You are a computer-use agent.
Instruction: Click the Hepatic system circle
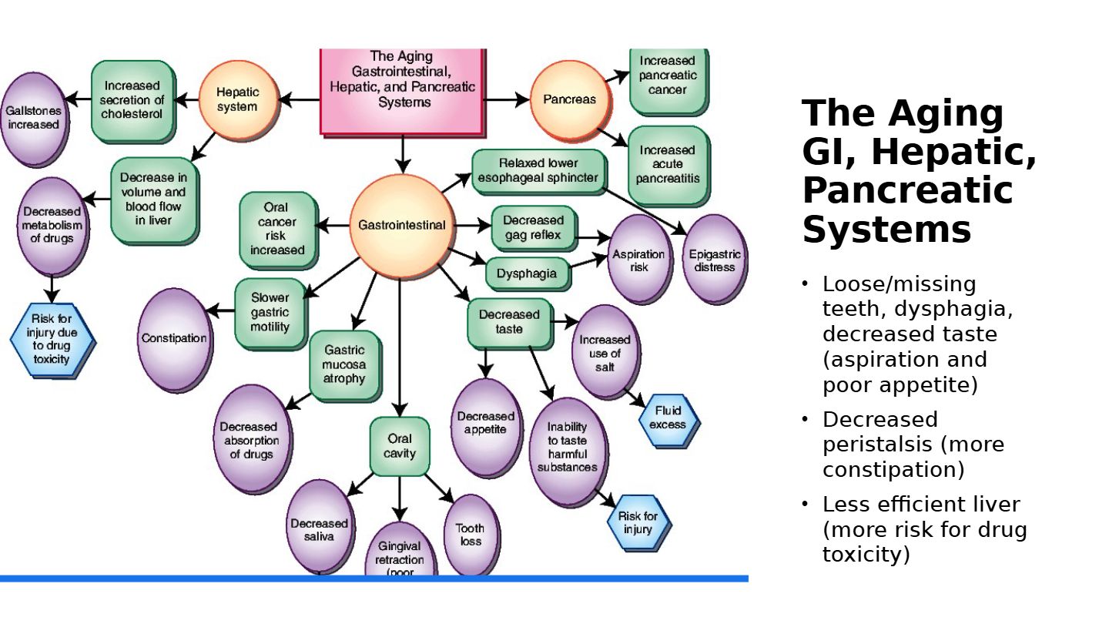[x=237, y=99]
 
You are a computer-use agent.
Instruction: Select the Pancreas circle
[x=569, y=99]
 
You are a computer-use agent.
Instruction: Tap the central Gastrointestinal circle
[x=400, y=225]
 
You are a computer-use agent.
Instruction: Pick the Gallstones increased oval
[x=32, y=118]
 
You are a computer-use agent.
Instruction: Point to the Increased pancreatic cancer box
[x=667, y=76]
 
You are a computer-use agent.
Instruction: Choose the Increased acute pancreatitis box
[x=667, y=164]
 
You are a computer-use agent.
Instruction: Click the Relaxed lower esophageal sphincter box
[x=538, y=171]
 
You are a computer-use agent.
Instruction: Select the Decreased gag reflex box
[x=533, y=228]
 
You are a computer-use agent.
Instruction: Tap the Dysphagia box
[x=527, y=273]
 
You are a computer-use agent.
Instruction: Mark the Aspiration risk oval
[x=638, y=260]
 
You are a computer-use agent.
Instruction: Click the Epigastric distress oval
[x=714, y=260]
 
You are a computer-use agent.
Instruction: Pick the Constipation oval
[x=175, y=338]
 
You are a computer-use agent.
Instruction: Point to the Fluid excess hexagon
[x=668, y=418]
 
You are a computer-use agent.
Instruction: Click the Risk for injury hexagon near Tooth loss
[x=638, y=522]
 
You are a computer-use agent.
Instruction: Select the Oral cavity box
[x=399, y=446]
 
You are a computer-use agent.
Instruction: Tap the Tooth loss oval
[x=470, y=535]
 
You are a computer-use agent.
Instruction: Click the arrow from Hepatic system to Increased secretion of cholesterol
[x=186, y=99]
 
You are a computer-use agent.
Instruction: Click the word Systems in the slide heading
[x=886, y=230]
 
